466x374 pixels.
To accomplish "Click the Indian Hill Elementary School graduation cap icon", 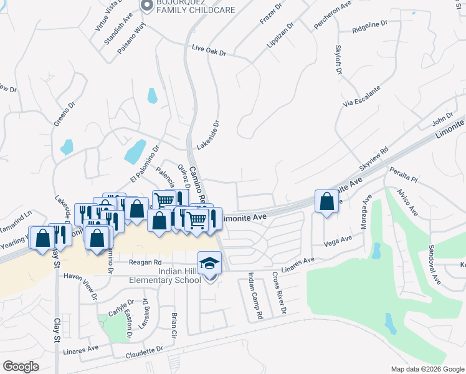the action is pyautogui.click(x=210, y=263).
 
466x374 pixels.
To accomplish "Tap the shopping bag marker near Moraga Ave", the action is pyautogui.click(x=326, y=201).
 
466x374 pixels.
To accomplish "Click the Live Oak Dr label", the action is pyautogui.click(x=209, y=49).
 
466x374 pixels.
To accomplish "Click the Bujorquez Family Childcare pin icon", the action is pyautogui.click(x=147, y=6).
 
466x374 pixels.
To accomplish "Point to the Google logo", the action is pyautogui.click(x=21, y=366).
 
